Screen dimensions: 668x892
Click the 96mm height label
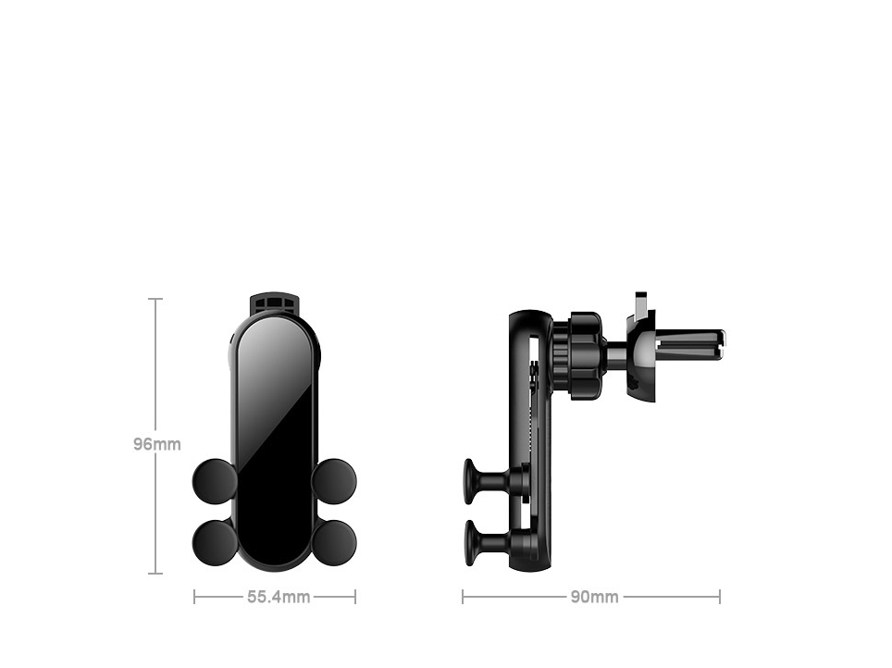tap(156, 444)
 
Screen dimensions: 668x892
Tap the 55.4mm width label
tap(278, 597)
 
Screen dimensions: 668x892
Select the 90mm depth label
tap(593, 597)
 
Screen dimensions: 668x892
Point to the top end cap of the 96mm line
tap(155, 299)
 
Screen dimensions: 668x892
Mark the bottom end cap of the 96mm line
tap(155, 574)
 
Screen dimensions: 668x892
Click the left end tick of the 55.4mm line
tap(194, 597)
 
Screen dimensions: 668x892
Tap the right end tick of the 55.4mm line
tap(355, 597)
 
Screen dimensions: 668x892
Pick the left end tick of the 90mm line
tap(463, 597)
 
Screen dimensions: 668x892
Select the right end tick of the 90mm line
tap(719, 597)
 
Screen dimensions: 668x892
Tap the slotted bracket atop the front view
tap(275, 303)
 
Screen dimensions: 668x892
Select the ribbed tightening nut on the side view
tap(584, 356)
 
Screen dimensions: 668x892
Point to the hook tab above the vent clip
tap(640, 303)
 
